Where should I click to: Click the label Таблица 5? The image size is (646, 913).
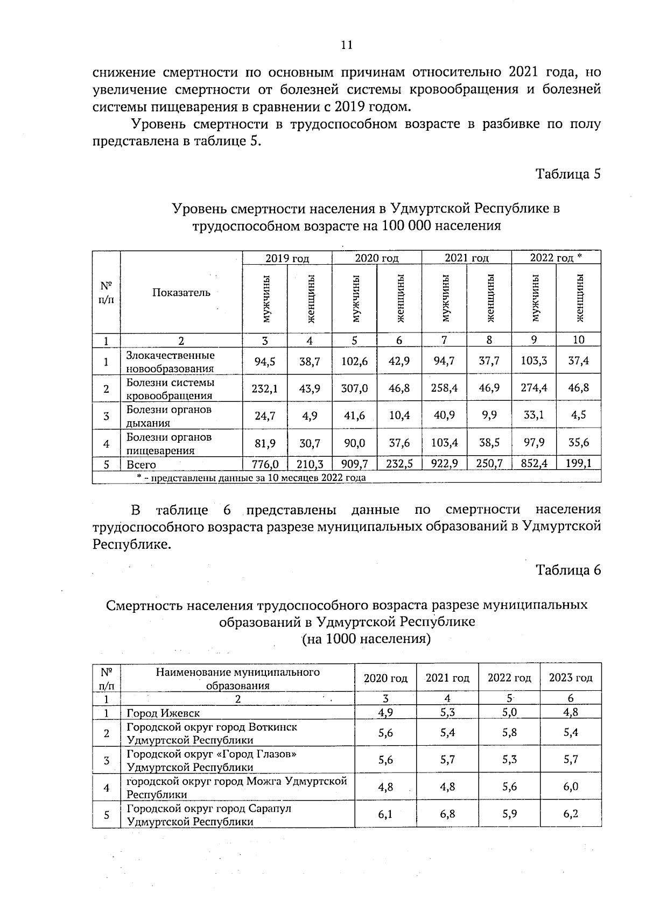pos(567,174)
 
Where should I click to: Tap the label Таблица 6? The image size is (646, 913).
pos(567,570)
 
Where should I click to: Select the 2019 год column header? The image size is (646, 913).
pos(287,258)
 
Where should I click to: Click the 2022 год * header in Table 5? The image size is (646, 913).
pos(556,258)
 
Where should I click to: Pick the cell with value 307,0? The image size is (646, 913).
pos(354,388)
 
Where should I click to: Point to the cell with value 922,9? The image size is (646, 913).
pos(444,463)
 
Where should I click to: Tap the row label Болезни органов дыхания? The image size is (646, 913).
pos(168,416)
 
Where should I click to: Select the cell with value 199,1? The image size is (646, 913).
pos(578,463)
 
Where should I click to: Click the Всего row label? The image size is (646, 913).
pos(141,464)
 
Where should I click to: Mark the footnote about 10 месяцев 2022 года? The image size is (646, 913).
pos(251,477)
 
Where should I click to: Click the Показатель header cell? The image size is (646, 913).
pos(181,293)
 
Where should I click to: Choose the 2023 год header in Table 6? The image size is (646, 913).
pos(570,678)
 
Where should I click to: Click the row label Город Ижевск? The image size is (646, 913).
pos(163,713)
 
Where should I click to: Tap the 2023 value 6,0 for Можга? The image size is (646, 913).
pos(570,787)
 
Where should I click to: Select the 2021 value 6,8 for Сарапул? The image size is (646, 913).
pos(447,814)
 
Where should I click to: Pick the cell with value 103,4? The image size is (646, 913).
pos(444,443)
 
